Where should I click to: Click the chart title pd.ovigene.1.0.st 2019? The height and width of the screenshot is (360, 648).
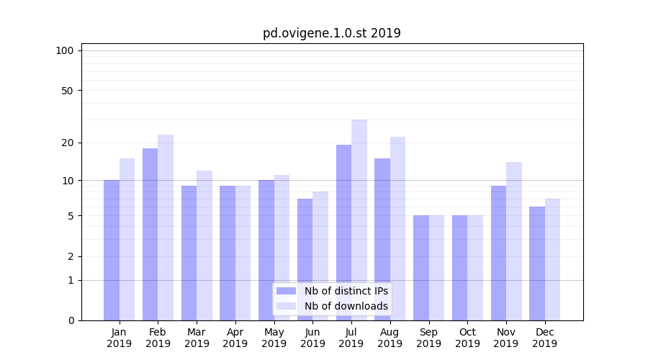pos(331,33)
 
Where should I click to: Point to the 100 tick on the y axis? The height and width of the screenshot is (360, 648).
pos(65,50)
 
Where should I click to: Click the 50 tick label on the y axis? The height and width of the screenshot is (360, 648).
pos(68,91)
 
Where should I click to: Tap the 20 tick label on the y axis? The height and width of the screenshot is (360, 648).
pos(68,143)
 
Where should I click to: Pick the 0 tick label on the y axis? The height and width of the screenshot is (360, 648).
pos(71,320)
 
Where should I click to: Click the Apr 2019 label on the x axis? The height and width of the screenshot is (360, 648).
pos(235,338)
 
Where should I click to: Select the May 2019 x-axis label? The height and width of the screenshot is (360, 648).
pos(274,338)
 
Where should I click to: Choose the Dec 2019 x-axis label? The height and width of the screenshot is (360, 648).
pos(545,338)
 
